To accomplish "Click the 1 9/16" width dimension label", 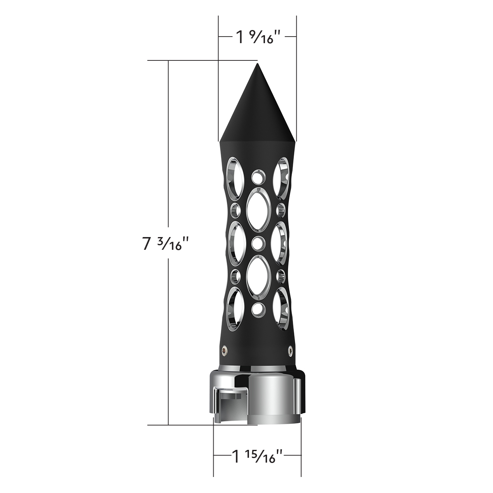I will (258, 37).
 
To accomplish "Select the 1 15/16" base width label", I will (258, 456).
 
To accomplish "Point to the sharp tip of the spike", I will (258, 64).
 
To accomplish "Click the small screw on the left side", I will (224, 350).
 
